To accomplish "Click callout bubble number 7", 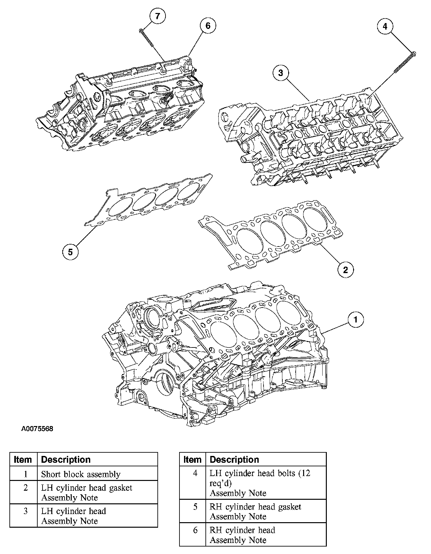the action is [158, 16].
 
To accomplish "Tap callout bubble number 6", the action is [208, 25].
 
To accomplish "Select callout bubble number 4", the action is [385, 26].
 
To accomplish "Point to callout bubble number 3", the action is [280, 73].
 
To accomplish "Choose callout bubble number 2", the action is [345, 269].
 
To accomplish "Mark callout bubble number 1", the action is [356, 320].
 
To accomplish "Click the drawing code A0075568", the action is [37, 429].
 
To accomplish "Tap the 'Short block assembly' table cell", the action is [80, 474].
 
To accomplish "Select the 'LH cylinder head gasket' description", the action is [87, 488].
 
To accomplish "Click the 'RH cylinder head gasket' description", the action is [255, 507].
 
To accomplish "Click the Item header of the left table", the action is [23, 460].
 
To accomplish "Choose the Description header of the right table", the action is [234, 460].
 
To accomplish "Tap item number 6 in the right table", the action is [195, 530].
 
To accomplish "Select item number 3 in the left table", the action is [26, 511].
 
